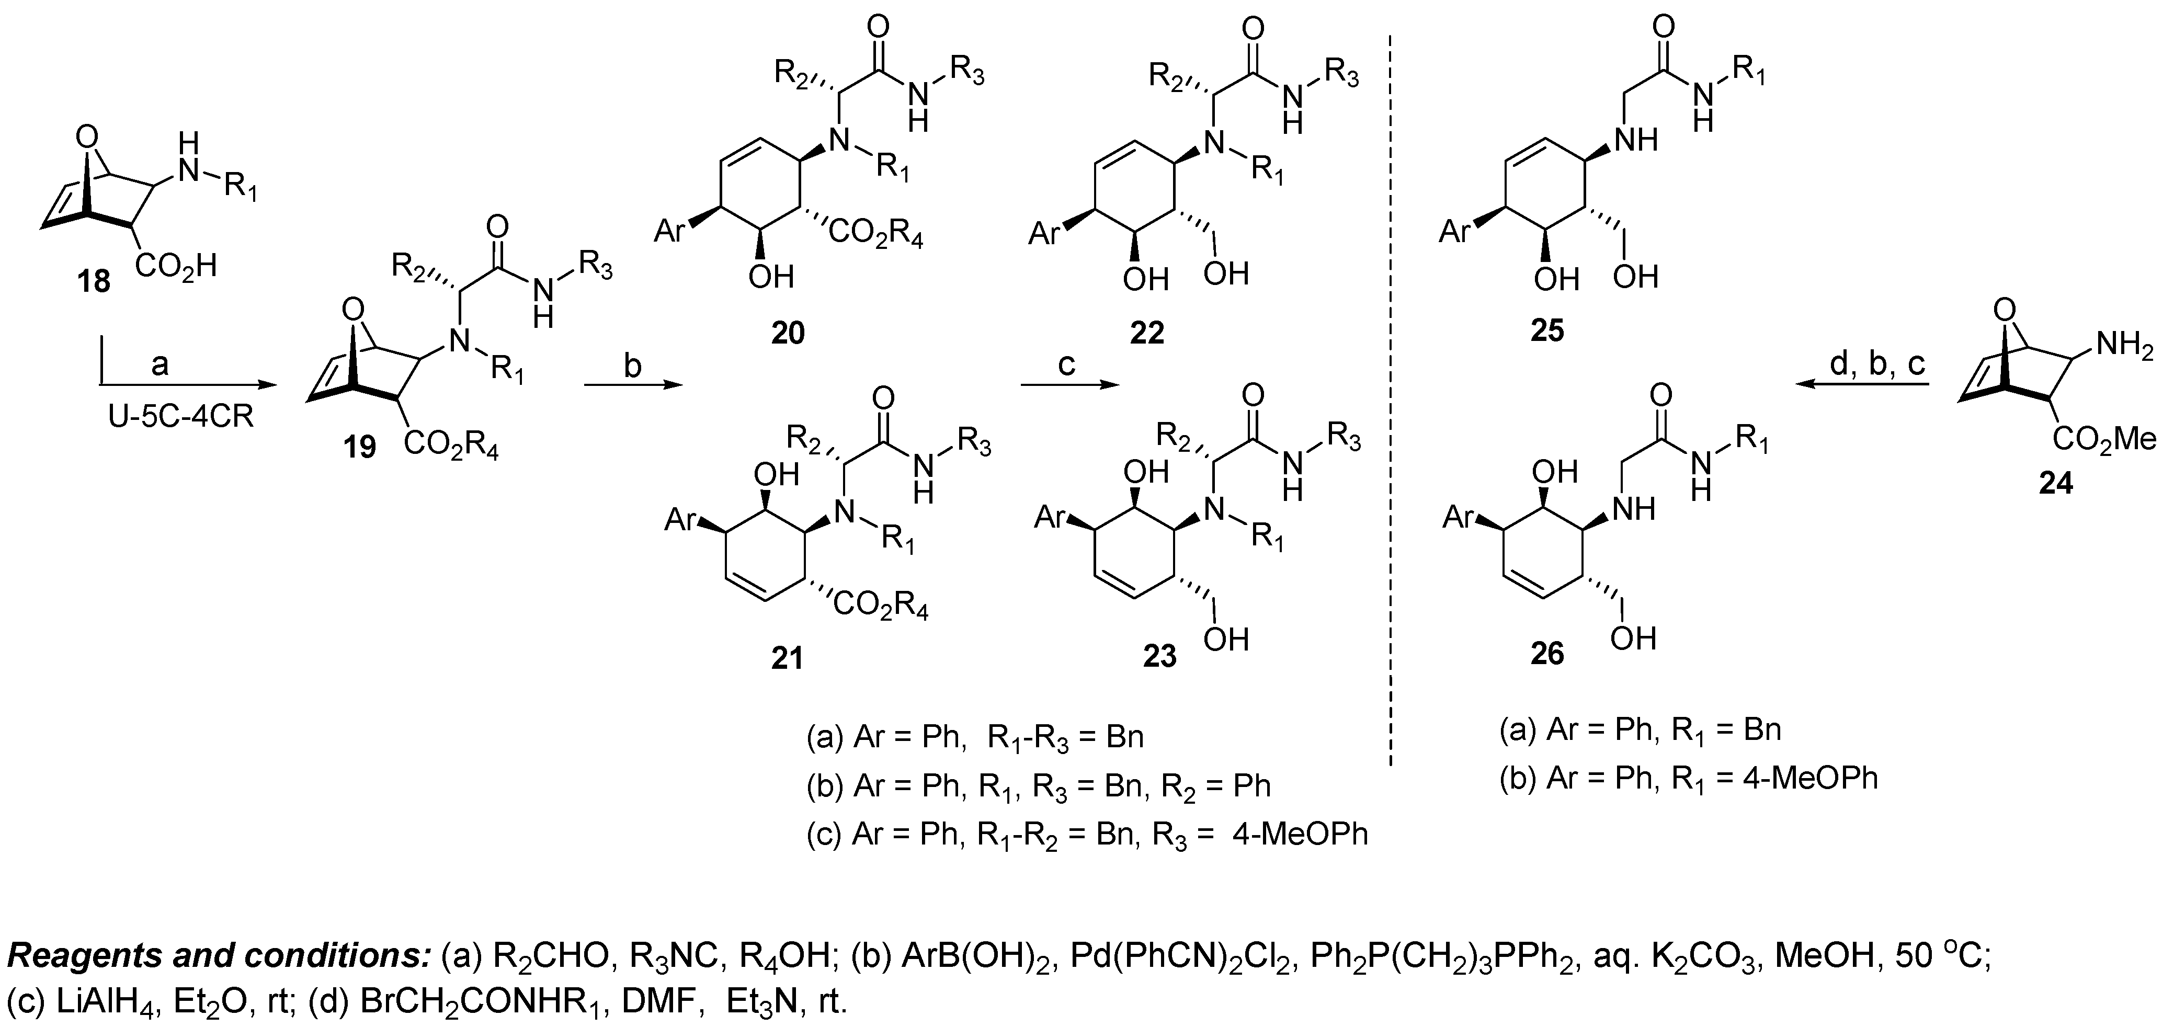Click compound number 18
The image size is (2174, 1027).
(x=94, y=281)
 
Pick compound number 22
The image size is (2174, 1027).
(x=1146, y=333)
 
